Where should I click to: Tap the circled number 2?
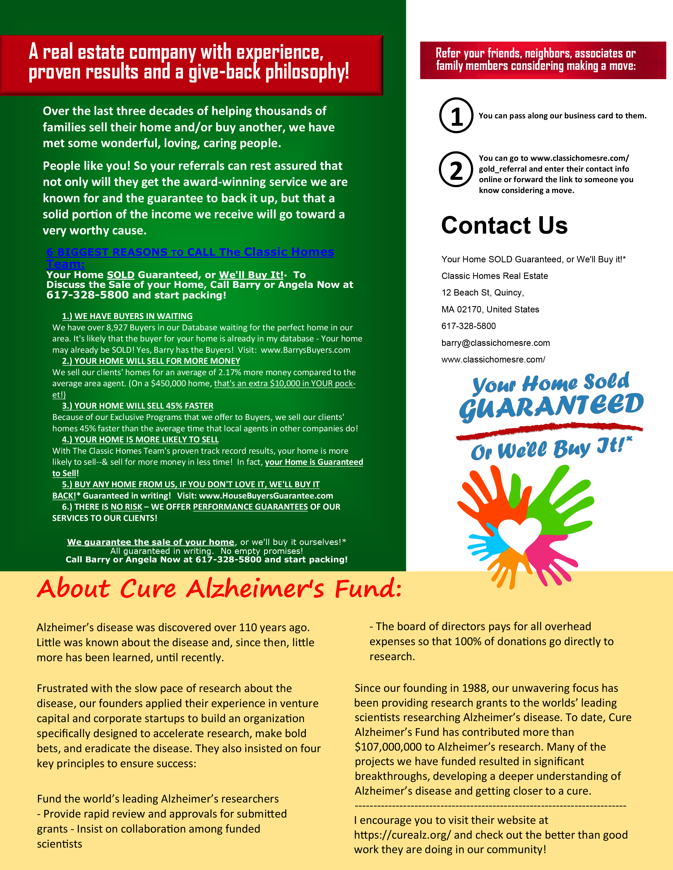[x=456, y=170]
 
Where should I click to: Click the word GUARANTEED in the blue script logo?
[x=551, y=406]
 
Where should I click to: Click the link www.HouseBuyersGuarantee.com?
[x=266, y=496]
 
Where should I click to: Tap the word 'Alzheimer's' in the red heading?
[x=255, y=589]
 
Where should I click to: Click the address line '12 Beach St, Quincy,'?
[x=482, y=293]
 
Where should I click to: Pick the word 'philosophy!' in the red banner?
[x=307, y=72]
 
